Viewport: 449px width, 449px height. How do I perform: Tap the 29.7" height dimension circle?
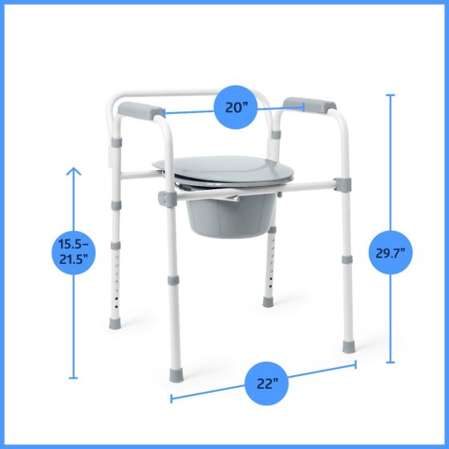(391, 253)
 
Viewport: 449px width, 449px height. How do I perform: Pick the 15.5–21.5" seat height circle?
(74, 252)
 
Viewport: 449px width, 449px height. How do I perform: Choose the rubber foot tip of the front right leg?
(348, 347)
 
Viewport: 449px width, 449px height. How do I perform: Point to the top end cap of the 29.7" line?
(391, 95)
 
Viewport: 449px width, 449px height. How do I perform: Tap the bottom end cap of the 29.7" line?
(391, 362)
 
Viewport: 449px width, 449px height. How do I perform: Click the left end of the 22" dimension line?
(172, 395)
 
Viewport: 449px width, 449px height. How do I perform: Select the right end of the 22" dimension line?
(355, 365)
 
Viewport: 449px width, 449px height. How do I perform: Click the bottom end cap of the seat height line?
(74, 378)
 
